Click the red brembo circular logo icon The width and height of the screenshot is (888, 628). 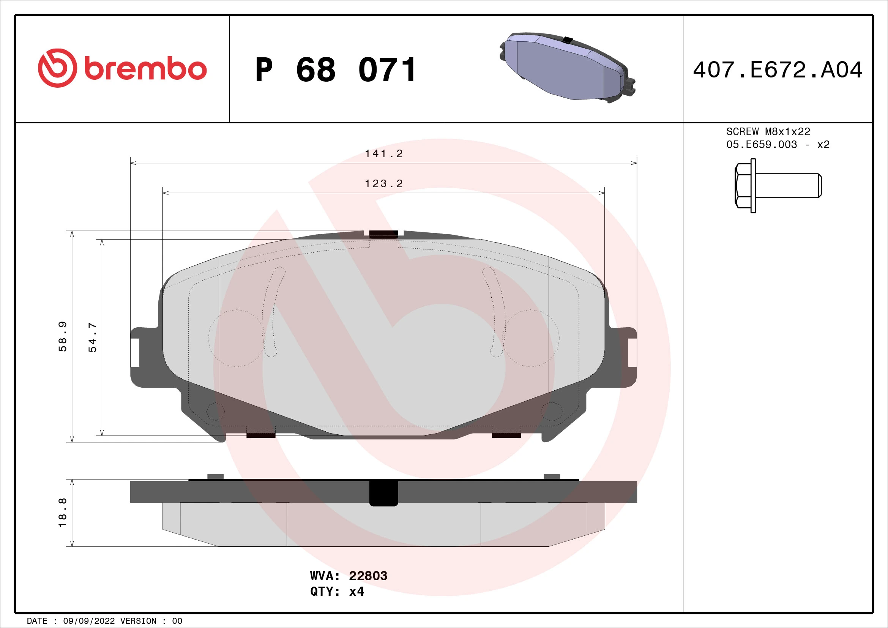(57, 68)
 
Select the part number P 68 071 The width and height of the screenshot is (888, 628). (336, 70)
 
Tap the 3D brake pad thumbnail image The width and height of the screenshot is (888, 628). (567, 68)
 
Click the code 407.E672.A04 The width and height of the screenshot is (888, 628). (778, 70)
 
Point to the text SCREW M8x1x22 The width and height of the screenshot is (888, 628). (768, 132)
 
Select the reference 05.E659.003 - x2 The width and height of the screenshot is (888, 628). (778, 145)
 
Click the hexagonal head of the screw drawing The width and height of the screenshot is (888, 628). (743, 186)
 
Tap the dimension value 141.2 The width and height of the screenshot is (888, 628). (384, 154)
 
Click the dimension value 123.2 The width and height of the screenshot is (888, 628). (384, 184)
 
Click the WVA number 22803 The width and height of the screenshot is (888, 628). (368, 576)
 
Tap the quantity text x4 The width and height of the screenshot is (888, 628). (356, 592)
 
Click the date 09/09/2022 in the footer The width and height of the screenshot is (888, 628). (89, 621)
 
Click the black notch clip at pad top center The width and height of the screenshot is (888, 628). (383, 234)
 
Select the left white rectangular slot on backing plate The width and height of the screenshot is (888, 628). (135, 352)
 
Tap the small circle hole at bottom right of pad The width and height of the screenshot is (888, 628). (552, 412)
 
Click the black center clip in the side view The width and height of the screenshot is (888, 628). (383, 492)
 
